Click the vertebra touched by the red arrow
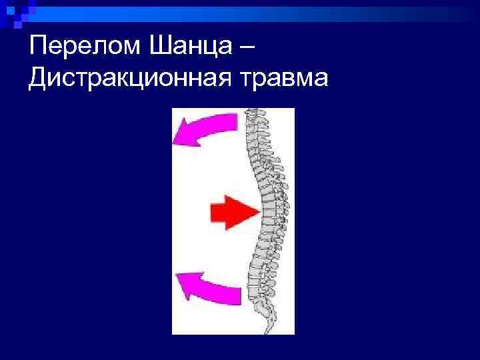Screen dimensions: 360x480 coord(266,212)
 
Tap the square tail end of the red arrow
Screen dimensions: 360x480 coord(213,212)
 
